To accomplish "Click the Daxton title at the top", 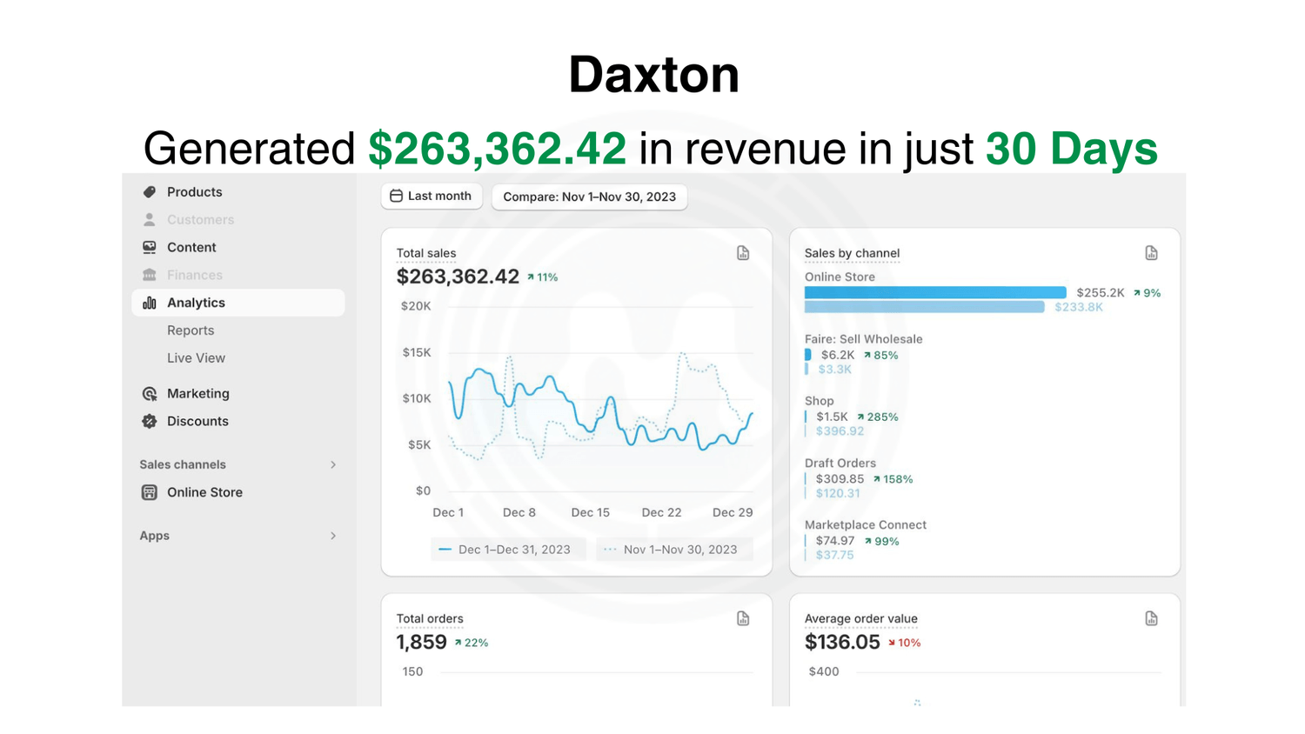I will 653,75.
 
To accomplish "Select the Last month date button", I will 432,197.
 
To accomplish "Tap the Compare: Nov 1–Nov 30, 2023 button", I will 589,197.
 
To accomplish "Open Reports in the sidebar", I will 191,330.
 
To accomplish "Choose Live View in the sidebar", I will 196,358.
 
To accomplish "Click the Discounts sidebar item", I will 197,421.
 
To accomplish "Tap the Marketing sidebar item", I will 197,394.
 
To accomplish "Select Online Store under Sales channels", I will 204,492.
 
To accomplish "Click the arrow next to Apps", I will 333,536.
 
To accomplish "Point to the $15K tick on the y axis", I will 416,352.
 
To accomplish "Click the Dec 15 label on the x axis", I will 590,512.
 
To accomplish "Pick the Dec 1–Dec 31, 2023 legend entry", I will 505,550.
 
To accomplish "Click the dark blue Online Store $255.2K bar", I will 935,292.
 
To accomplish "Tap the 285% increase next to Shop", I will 878,417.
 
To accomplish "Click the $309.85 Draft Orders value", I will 840,479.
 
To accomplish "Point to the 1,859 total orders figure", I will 421,643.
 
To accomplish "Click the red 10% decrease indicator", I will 904,644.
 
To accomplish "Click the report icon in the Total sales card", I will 743,253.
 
